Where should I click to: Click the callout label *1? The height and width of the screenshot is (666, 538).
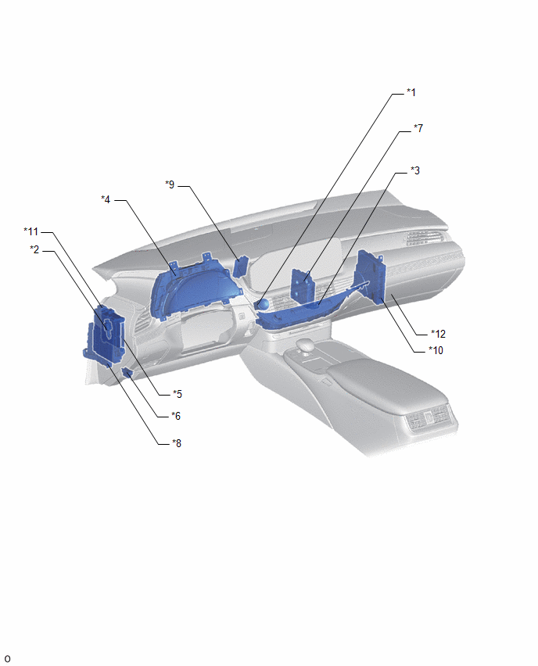(x=411, y=92)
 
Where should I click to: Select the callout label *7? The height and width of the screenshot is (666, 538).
(x=418, y=128)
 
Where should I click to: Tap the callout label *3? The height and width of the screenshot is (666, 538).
(x=415, y=170)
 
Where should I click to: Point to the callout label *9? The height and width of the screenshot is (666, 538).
(x=170, y=184)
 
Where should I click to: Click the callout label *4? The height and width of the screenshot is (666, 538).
(x=106, y=199)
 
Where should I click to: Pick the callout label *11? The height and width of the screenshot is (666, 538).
(x=31, y=232)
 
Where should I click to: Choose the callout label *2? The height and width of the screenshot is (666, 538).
(x=34, y=250)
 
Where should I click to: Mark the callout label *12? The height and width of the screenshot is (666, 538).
(x=438, y=335)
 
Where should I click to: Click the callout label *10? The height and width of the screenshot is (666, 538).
(x=436, y=350)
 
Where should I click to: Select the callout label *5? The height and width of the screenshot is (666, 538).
(x=178, y=395)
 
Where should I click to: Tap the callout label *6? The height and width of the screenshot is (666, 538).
(x=176, y=416)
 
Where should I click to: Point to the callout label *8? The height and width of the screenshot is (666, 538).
(x=177, y=443)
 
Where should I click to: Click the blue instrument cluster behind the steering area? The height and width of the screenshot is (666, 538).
(x=193, y=288)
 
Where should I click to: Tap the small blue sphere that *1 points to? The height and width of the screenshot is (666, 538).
(x=263, y=304)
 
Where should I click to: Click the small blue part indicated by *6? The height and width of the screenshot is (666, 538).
(x=127, y=373)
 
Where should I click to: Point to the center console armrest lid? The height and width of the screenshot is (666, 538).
(x=382, y=381)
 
